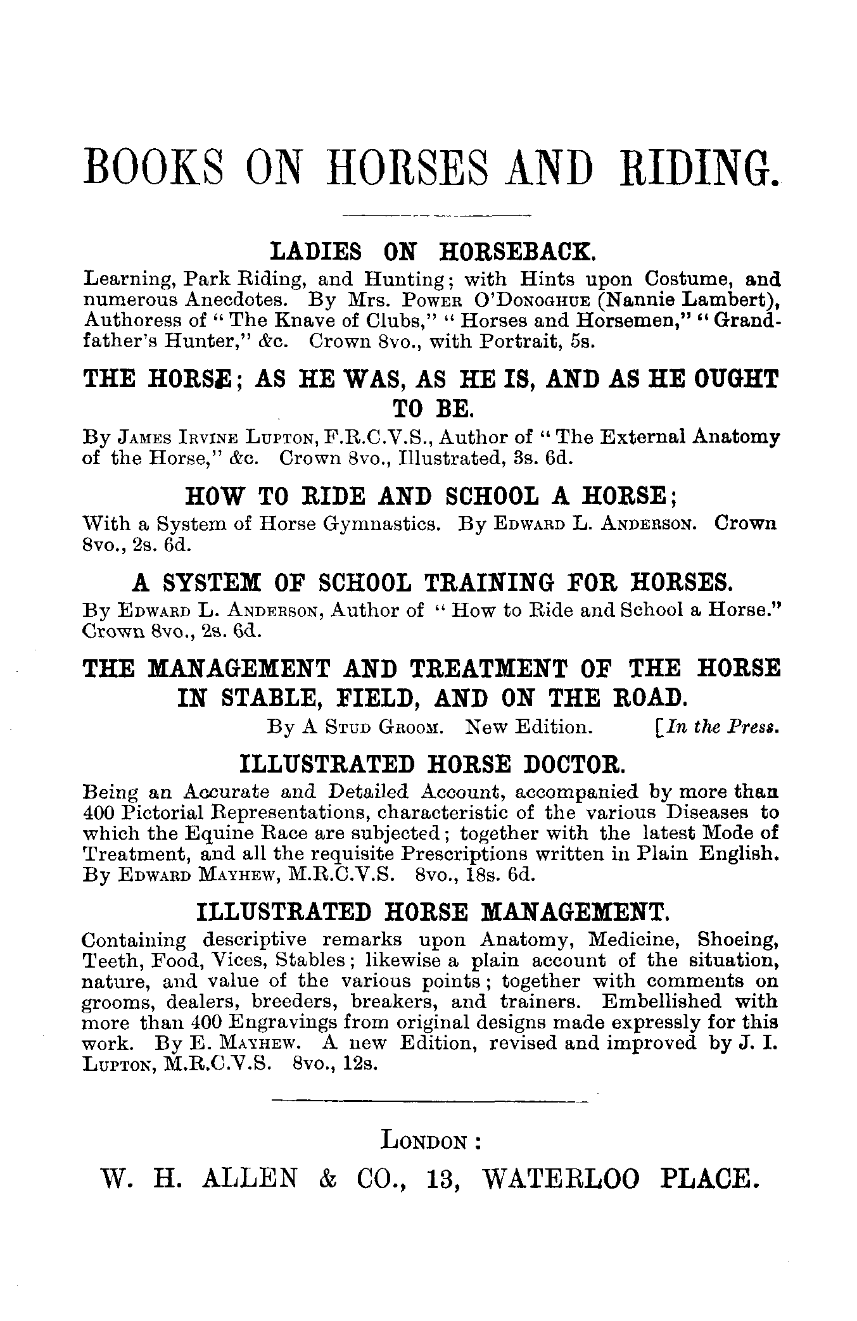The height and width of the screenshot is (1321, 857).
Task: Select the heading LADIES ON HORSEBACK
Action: click(x=433, y=252)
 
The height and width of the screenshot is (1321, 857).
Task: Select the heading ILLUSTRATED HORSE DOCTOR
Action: click(x=433, y=764)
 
